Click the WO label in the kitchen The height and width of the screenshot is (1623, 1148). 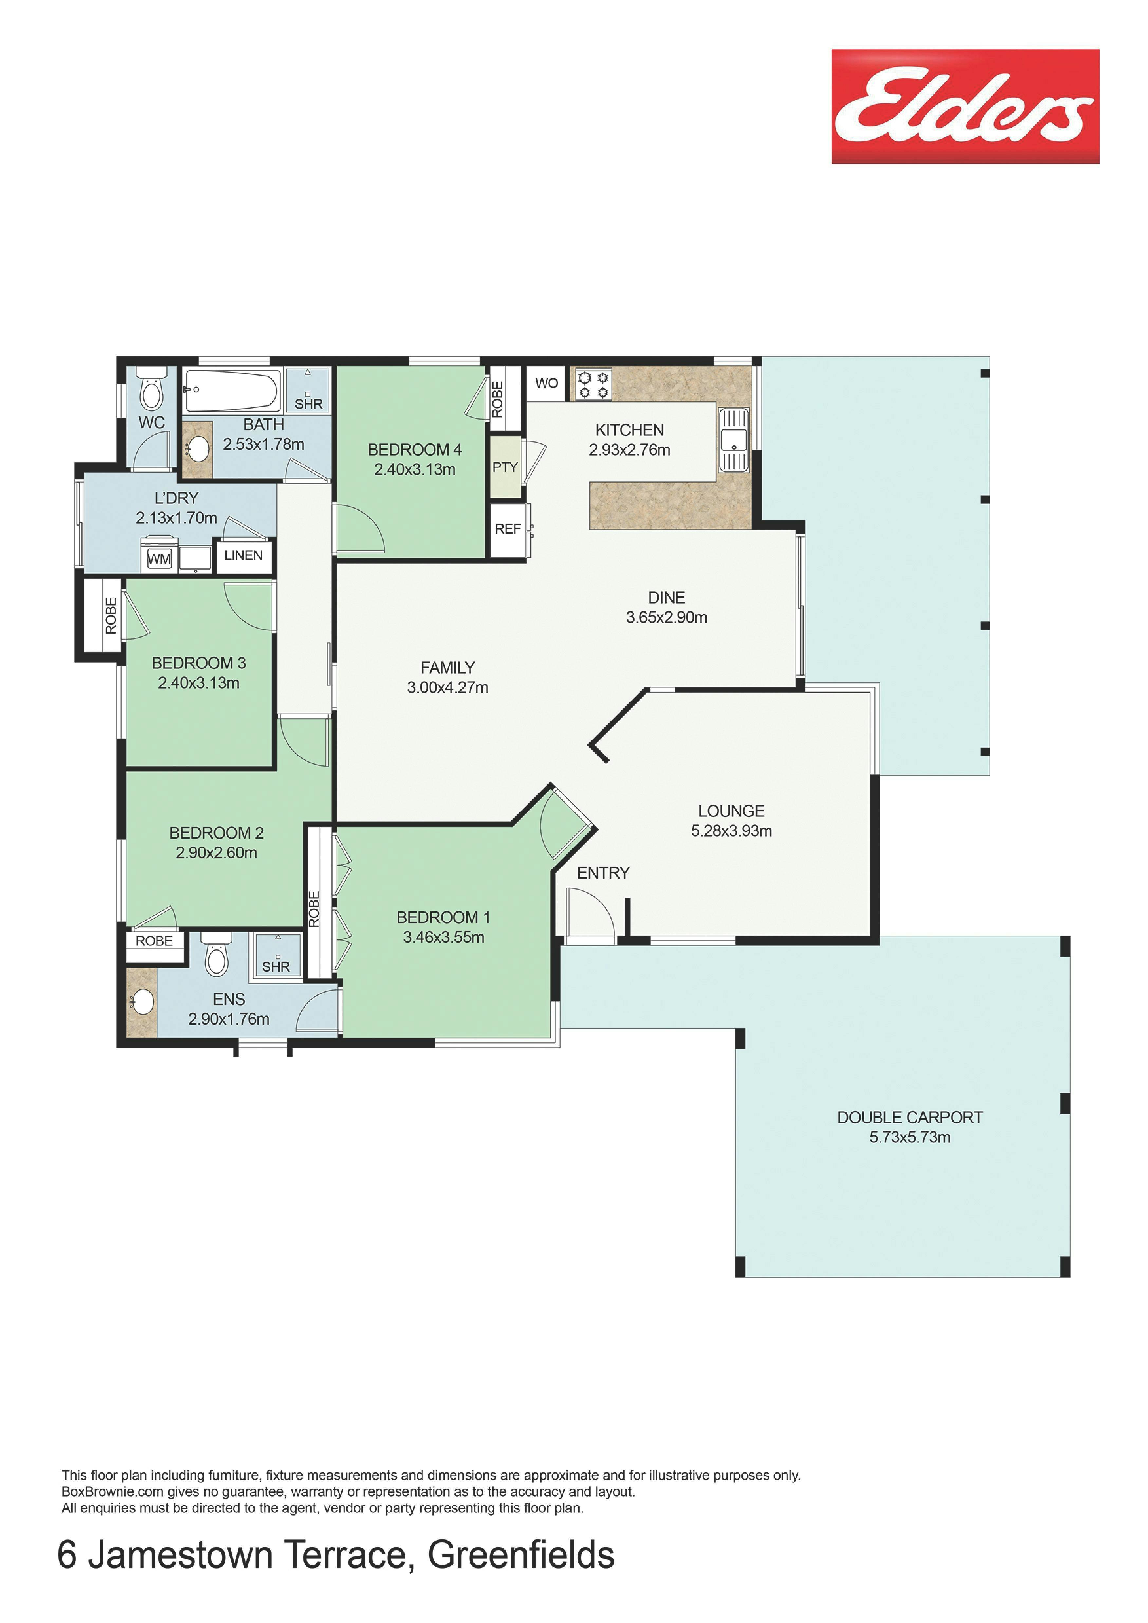pos(546,383)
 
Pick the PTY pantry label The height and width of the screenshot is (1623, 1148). pos(505,467)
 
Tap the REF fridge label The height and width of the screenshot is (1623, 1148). pos(508,529)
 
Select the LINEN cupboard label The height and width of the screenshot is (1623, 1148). pos(243,556)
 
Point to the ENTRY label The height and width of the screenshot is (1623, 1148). pos(603,873)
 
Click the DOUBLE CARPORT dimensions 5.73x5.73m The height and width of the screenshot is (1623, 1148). pos(910,1137)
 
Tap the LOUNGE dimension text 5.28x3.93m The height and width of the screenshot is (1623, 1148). pos(731,830)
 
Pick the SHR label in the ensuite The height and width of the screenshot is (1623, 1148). pos(276,966)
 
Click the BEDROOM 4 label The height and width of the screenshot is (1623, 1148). pos(415,449)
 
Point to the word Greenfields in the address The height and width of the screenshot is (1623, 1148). pos(521,1556)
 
